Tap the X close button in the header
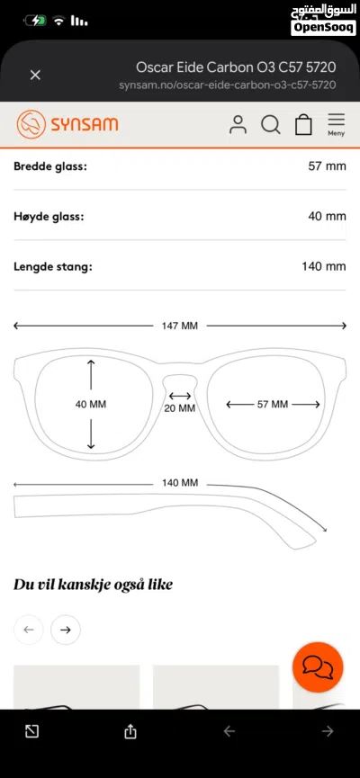(x=35, y=75)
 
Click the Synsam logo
(x=67, y=124)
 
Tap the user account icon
(x=238, y=124)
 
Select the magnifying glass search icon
(x=271, y=124)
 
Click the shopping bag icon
(x=303, y=124)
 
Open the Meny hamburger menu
(x=337, y=124)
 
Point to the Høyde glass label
(x=49, y=217)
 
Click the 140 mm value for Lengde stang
(x=324, y=266)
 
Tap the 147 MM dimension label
(x=180, y=326)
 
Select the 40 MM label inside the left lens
(x=91, y=405)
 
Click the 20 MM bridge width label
(x=180, y=408)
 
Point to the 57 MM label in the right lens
(x=273, y=405)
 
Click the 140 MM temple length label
(x=180, y=483)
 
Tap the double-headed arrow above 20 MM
(x=180, y=396)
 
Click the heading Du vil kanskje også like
(x=93, y=585)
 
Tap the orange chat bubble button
(x=318, y=667)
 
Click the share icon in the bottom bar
(x=130, y=731)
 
